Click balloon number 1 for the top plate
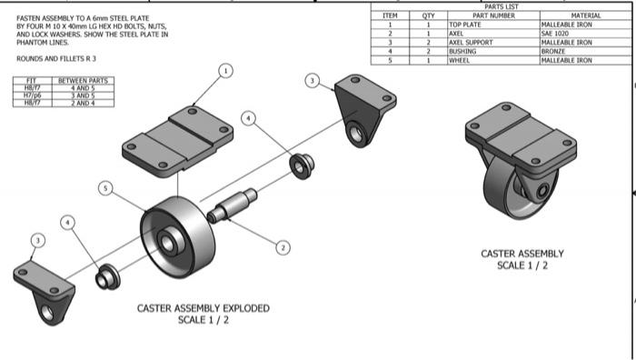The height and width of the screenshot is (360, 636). (x=225, y=70)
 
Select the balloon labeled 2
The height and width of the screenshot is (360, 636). (x=283, y=246)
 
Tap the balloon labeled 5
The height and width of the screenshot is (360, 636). (x=106, y=188)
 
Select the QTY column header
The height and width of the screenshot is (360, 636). (x=428, y=15)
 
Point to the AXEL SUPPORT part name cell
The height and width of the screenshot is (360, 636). (x=471, y=42)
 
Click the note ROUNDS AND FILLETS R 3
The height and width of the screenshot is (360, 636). (x=56, y=58)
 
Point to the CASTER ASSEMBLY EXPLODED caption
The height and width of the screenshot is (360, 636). (x=203, y=308)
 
